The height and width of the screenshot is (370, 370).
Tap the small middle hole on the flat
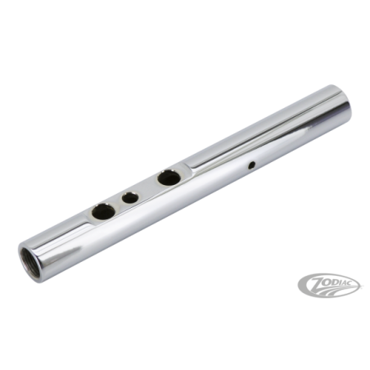pyautogui.click(x=130, y=197)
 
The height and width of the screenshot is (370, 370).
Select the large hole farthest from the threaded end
pyautogui.click(x=169, y=178)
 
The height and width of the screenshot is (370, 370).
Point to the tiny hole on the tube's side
pyautogui.click(x=252, y=165)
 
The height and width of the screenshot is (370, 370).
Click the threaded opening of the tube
pyautogui.click(x=30, y=258)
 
